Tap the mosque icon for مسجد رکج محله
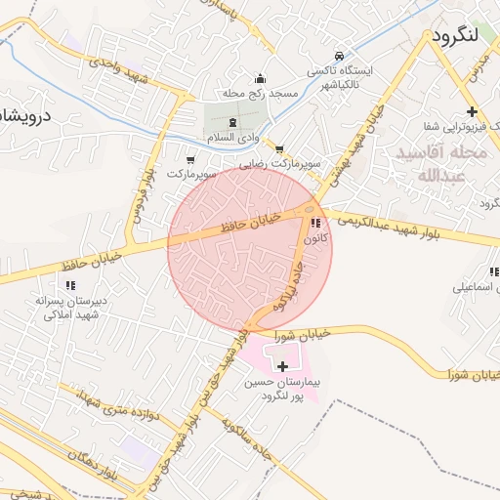(259, 79)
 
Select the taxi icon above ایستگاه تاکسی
(339, 56)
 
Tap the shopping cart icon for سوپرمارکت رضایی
(280, 149)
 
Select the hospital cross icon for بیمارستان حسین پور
(283, 367)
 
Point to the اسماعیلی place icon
(492, 271)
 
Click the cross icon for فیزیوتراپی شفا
(473, 111)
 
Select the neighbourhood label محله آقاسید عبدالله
(431, 165)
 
